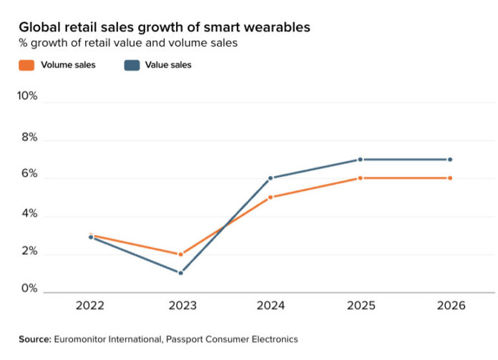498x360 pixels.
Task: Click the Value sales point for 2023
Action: [x=180, y=273]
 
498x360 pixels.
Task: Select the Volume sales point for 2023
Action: [x=180, y=254]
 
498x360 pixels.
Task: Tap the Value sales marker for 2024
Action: [x=270, y=178]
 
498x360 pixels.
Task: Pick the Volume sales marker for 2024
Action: [x=270, y=197]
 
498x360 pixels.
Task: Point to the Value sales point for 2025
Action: [x=360, y=160]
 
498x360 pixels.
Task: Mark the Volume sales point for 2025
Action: [x=360, y=178]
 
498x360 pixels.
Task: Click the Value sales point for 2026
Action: [x=449, y=160]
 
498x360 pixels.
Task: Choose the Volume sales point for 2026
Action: [x=449, y=178]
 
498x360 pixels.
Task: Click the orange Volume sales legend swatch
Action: [x=26, y=65]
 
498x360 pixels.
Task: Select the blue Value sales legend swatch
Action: [x=132, y=65]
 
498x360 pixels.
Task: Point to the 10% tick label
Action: [x=27, y=96]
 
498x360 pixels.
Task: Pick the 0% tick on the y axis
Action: [x=29, y=289]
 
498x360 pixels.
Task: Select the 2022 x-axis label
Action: [x=91, y=306]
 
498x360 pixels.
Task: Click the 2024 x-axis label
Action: [x=270, y=306]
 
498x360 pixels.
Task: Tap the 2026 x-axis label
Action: [x=449, y=306]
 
